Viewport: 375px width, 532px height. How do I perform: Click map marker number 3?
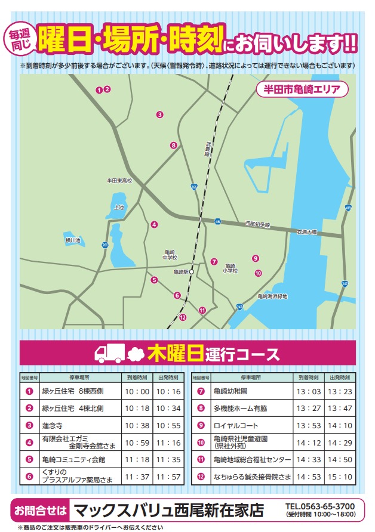(x=159, y=114)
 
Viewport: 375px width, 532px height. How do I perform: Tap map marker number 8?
(x=173, y=145)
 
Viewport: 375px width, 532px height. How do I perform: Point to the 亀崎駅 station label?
(x=180, y=272)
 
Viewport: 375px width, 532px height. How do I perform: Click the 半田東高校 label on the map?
(x=119, y=180)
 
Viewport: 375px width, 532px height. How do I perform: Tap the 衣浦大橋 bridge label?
(x=307, y=231)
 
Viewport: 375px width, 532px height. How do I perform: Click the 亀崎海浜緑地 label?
(x=272, y=296)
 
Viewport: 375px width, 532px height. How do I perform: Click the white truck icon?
(x=109, y=353)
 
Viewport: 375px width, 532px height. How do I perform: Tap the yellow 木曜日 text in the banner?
(x=173, y=353)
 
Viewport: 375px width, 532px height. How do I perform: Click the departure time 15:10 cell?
(x=339, y=477)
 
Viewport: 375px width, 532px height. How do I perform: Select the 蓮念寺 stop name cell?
(x=53, y=426)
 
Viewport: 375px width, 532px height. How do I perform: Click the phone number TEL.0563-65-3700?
(x=320, y=506)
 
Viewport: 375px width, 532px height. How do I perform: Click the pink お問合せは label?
(x=39, y=511)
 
